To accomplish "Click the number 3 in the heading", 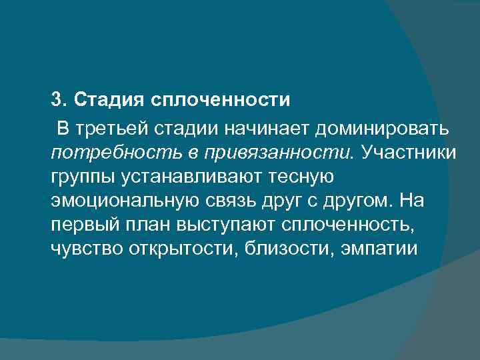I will coord(56,101).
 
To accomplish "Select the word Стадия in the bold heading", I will coord(106,101).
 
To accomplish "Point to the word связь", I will coord(237,201).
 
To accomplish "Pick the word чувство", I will coord(82,250).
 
